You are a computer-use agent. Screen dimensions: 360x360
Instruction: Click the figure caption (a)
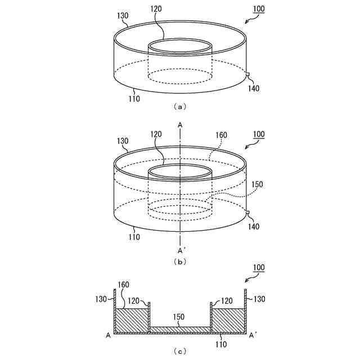(180, 106)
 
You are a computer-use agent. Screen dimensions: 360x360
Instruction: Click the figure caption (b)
(180, 262)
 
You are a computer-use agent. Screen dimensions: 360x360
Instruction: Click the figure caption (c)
(180, 352)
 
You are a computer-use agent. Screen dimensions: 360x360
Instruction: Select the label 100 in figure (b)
(259, 135)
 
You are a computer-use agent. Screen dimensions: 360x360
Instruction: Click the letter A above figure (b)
(180, 124)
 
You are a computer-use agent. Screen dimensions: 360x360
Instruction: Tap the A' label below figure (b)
(181, 250)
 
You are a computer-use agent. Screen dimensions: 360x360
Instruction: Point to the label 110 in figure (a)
(133, 99)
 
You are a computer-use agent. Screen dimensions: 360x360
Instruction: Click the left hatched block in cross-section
(131, 321)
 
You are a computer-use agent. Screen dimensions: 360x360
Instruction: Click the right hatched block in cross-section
(228, 321)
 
